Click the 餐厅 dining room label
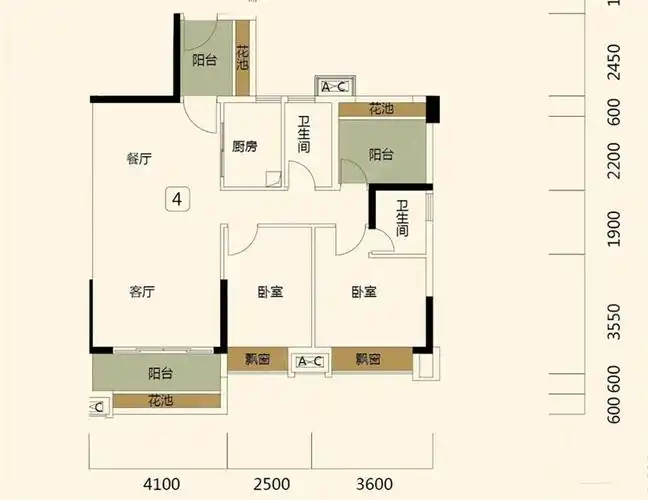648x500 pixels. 139,159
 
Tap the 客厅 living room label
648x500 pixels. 142,292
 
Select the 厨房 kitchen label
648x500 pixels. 245,147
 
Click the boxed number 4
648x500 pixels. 177,198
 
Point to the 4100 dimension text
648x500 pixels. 162,485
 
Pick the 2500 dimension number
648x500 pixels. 271,485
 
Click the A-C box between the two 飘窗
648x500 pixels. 309,362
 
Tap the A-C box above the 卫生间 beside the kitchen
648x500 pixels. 334,87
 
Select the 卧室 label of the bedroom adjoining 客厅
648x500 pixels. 270,293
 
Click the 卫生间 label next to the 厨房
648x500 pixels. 303,136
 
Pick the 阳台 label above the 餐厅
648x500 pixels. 205,61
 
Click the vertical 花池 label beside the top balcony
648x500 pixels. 242,59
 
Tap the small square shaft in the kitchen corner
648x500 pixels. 272,179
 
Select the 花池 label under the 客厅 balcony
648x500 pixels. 160,401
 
